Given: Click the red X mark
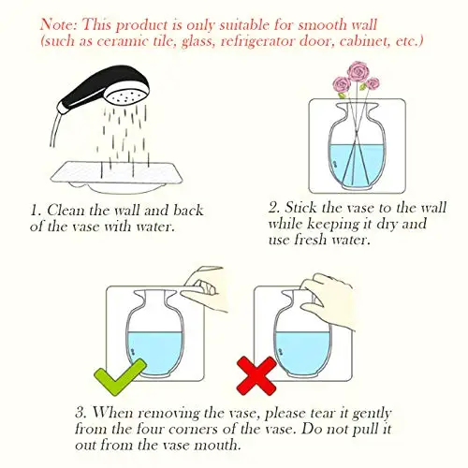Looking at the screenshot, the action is coord(256,376).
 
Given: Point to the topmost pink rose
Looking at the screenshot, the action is coord(358,71).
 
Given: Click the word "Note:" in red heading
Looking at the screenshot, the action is coord(58,24).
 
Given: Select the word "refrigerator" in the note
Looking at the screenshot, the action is coord(256,41).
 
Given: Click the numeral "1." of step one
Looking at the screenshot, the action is coord(37,211).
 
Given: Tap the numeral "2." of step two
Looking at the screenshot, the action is coord(273,208).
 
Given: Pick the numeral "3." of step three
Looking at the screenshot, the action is coord(81,413).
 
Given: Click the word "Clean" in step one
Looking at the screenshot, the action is coord(66,210).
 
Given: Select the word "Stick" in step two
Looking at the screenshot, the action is coord(300,208).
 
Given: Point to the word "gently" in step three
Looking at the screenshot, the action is coord(372,414).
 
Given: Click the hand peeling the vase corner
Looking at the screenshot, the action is coord(206,288).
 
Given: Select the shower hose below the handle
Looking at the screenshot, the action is coord(55,129).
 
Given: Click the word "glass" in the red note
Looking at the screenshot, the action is coord(197,42).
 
